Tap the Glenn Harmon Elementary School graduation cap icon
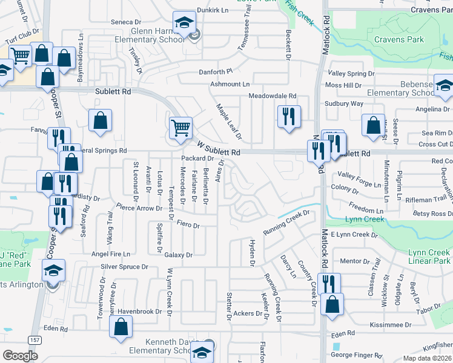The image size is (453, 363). (x=183, y=24)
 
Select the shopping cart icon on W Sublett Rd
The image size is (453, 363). (x=180, y=128)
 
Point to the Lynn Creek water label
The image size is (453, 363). (x=365, y=218)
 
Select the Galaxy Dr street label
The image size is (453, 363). (x=178, y=255)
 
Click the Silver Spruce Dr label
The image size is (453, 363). (x=124, y=267)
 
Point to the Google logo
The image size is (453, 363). (x=20, y=355)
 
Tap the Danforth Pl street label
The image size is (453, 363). (x=216, y=72)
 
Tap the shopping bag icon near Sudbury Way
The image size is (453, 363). (x=374, y=125)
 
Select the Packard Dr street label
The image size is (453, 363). (x=197, y=159)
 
